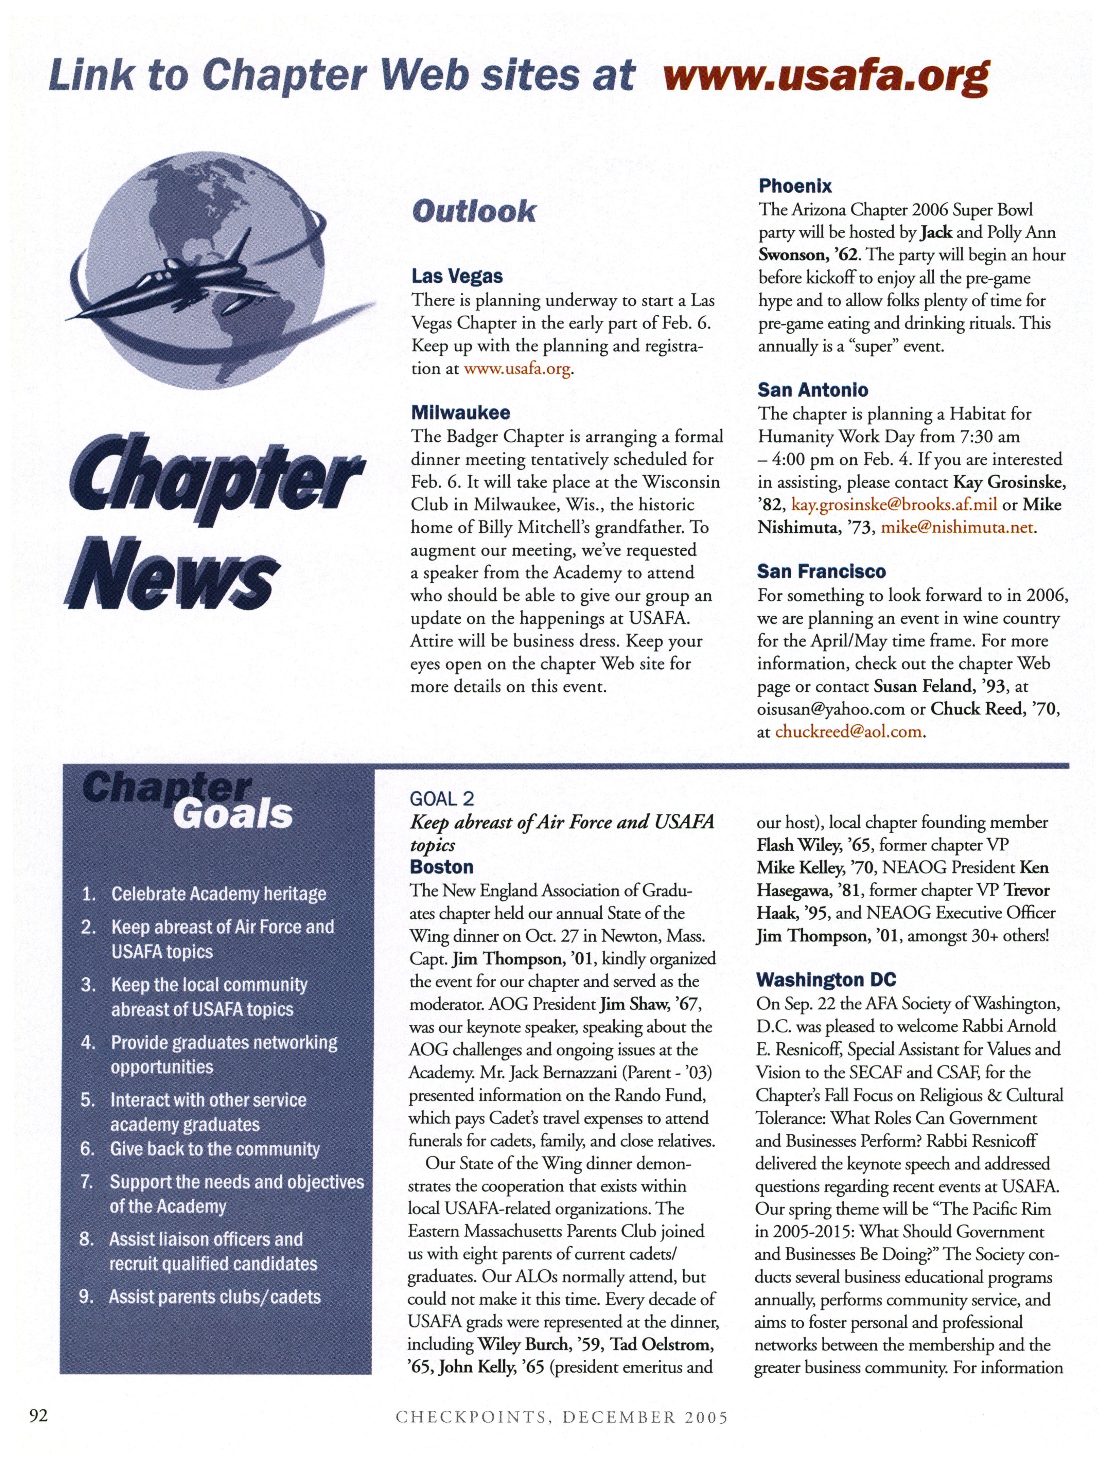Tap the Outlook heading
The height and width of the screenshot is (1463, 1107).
(474, 212)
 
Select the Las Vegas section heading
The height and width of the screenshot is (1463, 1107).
(457, 276)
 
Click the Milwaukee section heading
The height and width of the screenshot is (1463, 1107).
(460, 413)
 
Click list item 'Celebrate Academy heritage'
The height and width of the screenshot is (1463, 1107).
(218, 894)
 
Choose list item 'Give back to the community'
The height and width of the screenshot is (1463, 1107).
(214, 1149)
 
